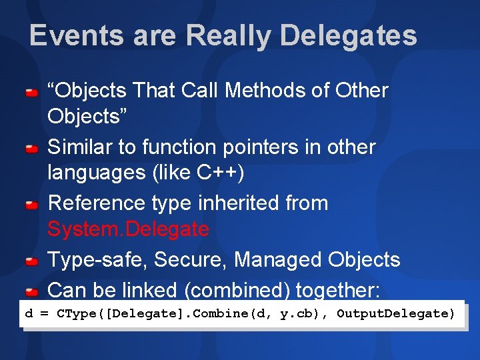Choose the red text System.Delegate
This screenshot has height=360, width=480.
click(x=128, y=230)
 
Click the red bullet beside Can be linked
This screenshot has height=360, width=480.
click(x=31, y=292)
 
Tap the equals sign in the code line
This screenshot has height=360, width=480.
click(x=44, y=313)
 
